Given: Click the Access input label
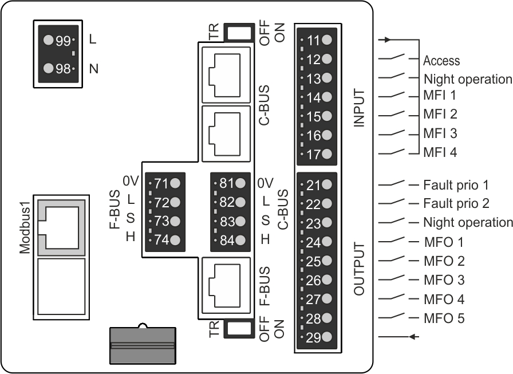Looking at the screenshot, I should pyautogui.click(x=441, y=61).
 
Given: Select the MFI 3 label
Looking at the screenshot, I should pyautogui.click(x=440, y=133).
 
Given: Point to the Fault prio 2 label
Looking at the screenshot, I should pyautogui.click(x=456, y=203).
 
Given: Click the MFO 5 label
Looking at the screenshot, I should pyautogui.click(x=444, y=318).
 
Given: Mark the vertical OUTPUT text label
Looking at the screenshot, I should pyautogui.click(x=359, y=269).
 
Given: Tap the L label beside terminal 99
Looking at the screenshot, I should pyautogui.click(x=93, y=41).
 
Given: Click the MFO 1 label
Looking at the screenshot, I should pyautogui.click(x=444, y=242).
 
